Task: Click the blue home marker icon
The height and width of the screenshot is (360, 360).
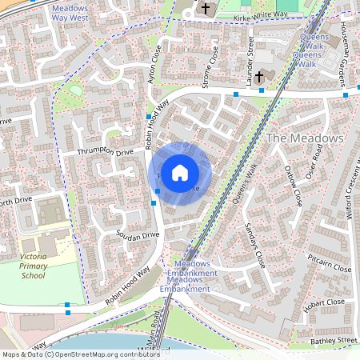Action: click(x=180, y=171)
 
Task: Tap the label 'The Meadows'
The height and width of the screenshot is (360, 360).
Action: click(x=304, y=138)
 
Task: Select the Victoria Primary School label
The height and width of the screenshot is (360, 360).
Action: click(x=33, y=265)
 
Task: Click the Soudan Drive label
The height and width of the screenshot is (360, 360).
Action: click(x=138, y=236)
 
